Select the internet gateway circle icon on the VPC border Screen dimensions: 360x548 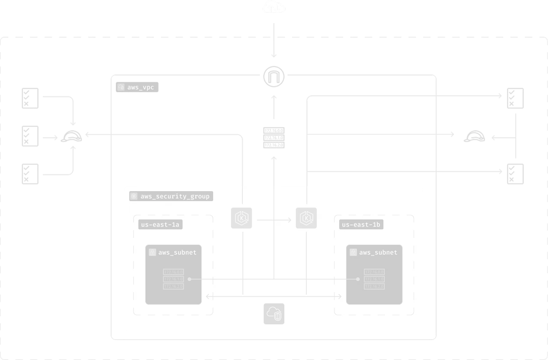point(274,77)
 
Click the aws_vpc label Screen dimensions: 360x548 point(138,87)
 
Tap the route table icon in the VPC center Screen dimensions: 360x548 point(274,138)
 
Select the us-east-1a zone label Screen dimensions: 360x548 point(160,225)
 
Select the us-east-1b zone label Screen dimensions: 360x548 point(361,225)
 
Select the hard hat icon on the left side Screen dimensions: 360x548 point(72,137)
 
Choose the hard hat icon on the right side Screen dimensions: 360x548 point(476,137)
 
